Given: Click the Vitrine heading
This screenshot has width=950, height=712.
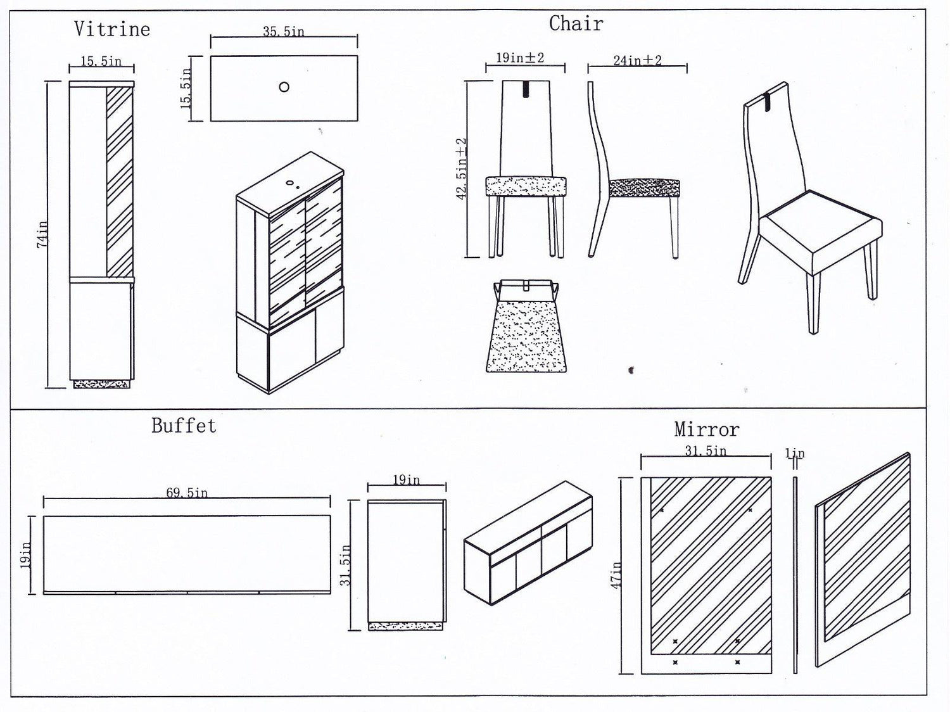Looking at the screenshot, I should coord(112,29).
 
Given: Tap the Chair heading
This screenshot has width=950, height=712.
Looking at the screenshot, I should coord(576,24).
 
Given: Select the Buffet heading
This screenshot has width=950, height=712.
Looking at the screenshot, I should coord(184,426).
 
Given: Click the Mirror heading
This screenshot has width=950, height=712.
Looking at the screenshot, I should coord(706,429).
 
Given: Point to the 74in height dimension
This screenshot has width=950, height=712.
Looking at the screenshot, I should coord(42,234).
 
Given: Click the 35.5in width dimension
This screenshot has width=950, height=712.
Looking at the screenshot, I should coord(283,32).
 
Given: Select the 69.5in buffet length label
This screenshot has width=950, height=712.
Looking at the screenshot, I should coord(187,493).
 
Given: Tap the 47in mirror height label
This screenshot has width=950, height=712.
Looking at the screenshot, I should coord(616,575).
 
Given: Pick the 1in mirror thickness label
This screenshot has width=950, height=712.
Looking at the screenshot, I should coord(795,454).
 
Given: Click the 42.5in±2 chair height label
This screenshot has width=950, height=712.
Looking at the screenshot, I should coord(462,168).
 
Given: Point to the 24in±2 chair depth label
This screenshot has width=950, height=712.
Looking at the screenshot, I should coord(637,61).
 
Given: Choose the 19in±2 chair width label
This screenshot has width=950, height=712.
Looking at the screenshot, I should coord(520,58).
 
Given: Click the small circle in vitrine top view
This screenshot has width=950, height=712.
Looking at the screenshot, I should coord(284,87).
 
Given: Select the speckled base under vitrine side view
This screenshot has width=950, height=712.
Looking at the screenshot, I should coord(102,383).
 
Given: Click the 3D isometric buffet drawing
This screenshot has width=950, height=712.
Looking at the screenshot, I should coord(528,545).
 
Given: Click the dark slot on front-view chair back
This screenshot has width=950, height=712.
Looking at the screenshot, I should coord(526,89).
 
